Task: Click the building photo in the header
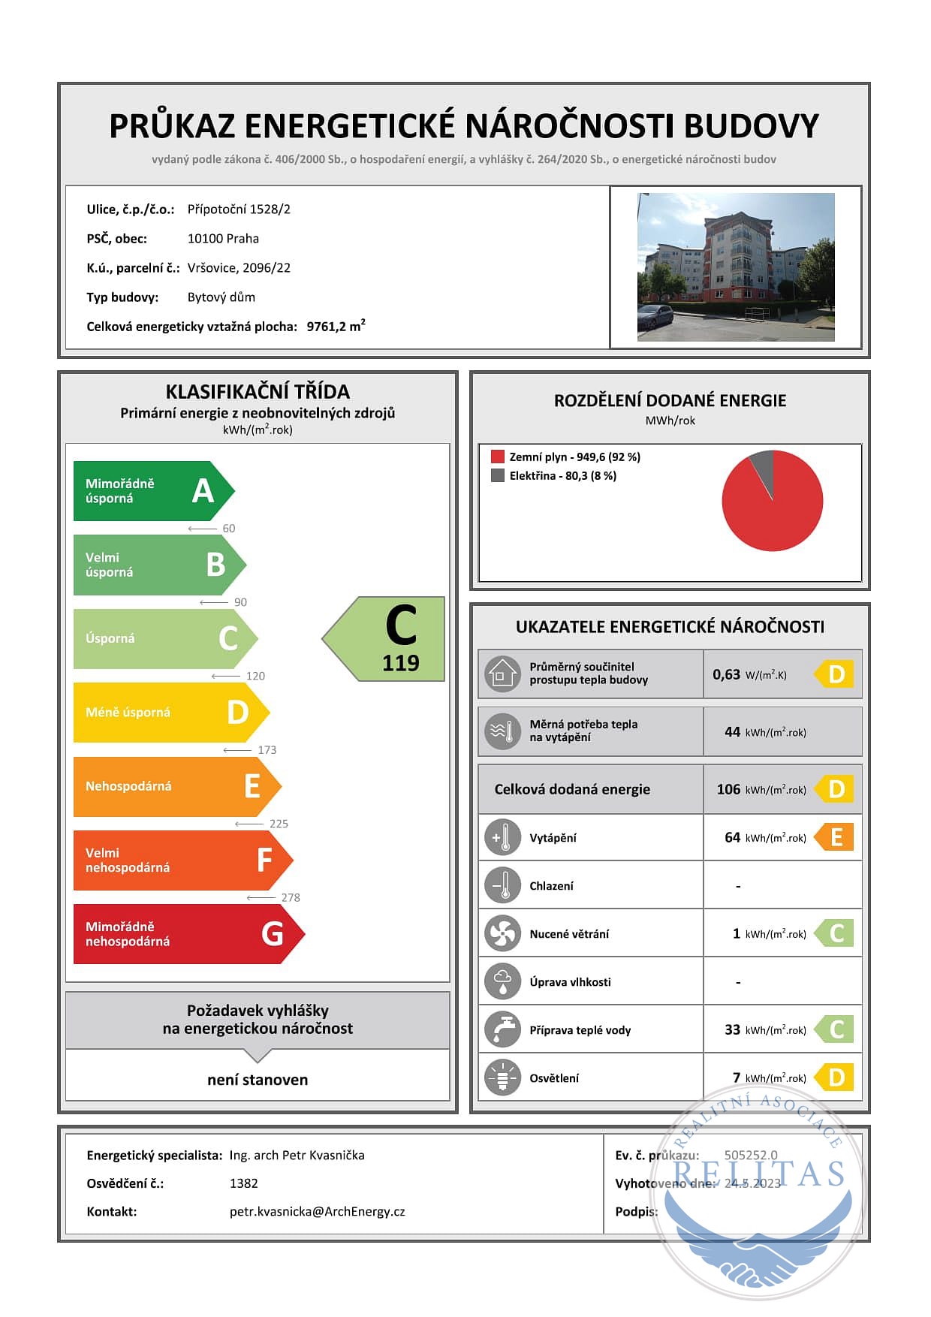coord(736,267)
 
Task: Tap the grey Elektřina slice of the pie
coord(763,468)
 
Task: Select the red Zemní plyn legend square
coord(497,457)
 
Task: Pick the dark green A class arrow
coord(150,491)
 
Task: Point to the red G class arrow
coord(184,934)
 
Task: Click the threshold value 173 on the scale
coord(267,749)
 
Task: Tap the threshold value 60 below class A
coord(229,528)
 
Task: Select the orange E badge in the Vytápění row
coord(836,837)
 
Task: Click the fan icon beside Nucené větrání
coord(503,933)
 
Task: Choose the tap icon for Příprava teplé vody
coord(503,1029)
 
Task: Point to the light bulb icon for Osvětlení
coord(503,1077)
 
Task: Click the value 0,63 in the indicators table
coord(726,674)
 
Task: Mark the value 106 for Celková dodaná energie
coord(728,789)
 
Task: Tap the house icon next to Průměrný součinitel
coord(502,674)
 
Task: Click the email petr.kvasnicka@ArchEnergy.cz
coord(317,1211)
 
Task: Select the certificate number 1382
coord(243,1183)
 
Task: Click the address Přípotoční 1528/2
coord(239,209)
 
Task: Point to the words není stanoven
coord(258,1080)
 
